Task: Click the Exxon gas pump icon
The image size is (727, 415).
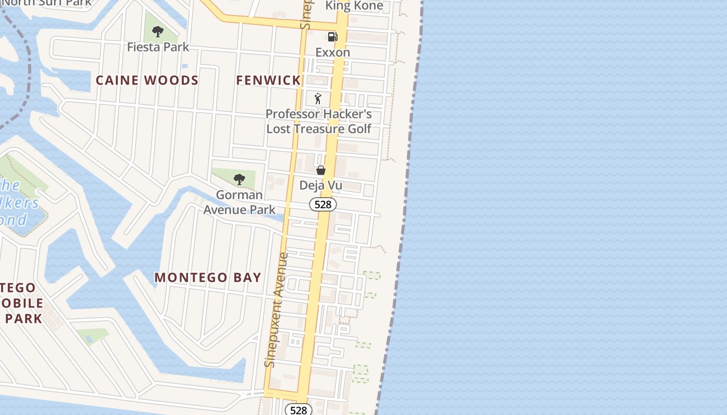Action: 332,37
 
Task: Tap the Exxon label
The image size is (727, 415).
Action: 333,52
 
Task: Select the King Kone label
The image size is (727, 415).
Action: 354,6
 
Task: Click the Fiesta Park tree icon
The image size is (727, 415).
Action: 158,32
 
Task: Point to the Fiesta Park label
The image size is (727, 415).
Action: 158,47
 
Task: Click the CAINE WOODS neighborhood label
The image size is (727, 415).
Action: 147,80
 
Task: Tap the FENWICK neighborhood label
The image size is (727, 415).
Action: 268,80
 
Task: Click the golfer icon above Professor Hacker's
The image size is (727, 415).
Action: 318,99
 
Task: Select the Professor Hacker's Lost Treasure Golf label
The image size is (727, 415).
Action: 319,121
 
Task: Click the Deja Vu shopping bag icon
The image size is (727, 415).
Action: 321,170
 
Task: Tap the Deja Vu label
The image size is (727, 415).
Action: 320,185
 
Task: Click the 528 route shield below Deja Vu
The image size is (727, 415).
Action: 323,204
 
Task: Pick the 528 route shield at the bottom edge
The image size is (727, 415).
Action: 299,410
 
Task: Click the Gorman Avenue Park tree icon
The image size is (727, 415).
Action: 239,179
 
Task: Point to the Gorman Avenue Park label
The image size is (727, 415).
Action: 239,202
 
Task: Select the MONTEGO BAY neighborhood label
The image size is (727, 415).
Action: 208,278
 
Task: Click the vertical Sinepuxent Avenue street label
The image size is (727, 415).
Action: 276,310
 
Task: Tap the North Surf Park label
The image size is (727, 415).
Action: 47,3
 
